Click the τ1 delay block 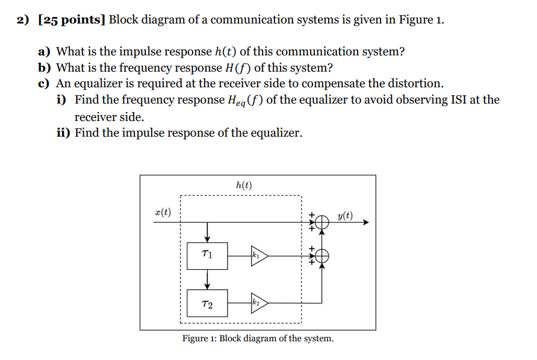(207, 256)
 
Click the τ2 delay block (207, 305)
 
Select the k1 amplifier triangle (259, 256)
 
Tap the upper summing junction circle (323, 223)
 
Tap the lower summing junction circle (323, 256)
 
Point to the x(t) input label (162, 212)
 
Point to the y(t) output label (345, 216)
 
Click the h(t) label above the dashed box (244, 185)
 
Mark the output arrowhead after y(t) (364, 223)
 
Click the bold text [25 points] (71, 20)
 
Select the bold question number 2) (23, 20)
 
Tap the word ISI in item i (460, 99)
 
